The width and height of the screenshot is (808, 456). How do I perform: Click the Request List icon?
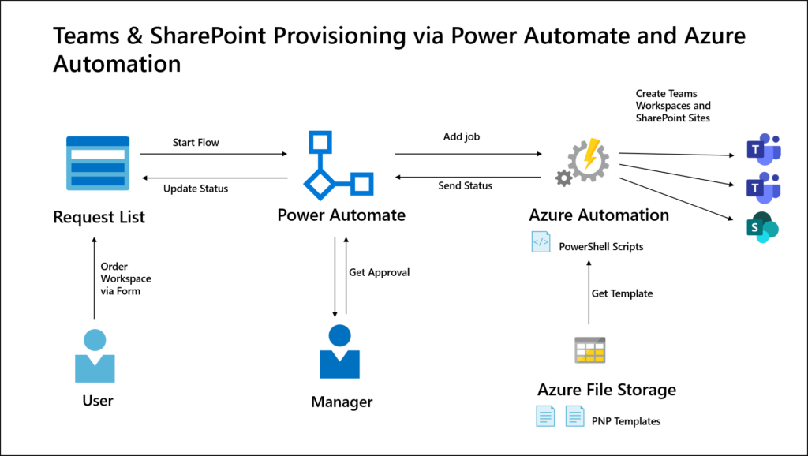[96, 163]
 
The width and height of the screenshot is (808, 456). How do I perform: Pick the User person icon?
[95, 356]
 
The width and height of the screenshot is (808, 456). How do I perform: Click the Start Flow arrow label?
[196, 143]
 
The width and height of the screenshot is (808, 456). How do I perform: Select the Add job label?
[462, 136]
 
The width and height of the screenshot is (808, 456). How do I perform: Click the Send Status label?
[465, 186]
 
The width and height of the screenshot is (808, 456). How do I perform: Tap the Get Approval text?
[380, 273]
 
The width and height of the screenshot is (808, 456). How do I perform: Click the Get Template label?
[622, 293]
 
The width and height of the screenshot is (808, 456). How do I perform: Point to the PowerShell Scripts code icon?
[541, 243]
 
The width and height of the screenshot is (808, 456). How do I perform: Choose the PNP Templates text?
[625, 421]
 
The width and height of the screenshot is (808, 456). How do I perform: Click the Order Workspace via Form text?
[125, 278]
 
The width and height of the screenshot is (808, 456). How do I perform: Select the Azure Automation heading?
[599, 215]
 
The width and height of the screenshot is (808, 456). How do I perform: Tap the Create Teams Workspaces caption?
[673, 106]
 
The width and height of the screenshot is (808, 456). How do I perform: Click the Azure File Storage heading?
[607, 390]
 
